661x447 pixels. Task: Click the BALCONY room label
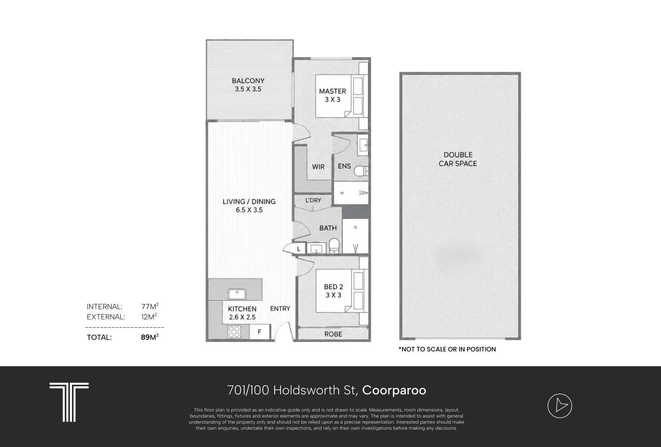248,81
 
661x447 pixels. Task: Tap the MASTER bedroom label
332,91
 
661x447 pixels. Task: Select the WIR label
318,167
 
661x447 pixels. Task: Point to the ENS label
345,166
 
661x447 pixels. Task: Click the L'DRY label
313,200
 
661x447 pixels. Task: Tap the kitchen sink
237,294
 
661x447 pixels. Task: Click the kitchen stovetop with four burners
234,332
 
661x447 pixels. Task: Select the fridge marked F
260,332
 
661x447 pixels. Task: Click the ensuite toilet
361,171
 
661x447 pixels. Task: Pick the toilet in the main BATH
334,246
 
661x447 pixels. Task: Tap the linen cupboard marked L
299,249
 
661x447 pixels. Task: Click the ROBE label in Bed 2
333,334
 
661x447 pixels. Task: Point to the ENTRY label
280,308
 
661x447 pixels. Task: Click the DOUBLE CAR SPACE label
457,159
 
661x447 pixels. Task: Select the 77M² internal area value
150,306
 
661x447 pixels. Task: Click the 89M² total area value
150,337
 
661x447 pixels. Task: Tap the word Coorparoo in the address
394,390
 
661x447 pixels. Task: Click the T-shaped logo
69,402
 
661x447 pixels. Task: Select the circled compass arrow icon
560,406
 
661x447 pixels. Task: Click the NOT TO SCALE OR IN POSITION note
447,349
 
